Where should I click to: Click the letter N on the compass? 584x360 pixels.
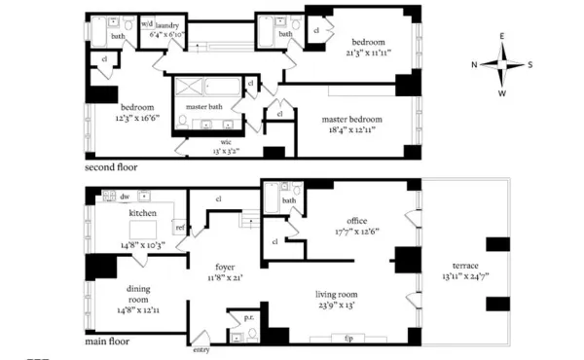coord(474,65)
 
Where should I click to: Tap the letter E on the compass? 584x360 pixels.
coord(502,37)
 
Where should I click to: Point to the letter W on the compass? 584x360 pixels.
coord(502,94)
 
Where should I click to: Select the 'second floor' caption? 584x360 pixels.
coord(111,167)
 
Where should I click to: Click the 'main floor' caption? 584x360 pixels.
coord(106,342)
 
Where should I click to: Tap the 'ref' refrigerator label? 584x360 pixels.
coord(180,228)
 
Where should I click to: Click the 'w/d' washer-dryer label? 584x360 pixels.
coord(147,22)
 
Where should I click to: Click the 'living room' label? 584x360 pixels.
coord(337,293)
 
